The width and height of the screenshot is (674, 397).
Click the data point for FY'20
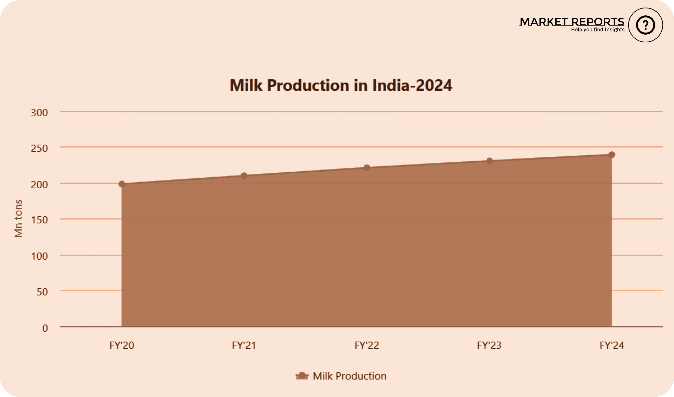click(x=122, y=184)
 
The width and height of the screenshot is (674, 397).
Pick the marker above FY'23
click(x=489, y=161)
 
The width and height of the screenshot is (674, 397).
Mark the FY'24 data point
click(x=612, y=155)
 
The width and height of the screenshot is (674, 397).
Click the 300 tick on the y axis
click(x=39, y=113)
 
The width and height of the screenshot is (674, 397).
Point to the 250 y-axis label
click(x=39, y=148)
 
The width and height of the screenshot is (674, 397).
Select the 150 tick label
click(x=39, y=220)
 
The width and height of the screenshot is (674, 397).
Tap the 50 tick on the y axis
click(x=42, y=292)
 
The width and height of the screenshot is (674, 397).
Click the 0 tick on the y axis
click(x=45, y=328)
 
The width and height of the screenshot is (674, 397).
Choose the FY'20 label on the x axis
click(x=122, y=345)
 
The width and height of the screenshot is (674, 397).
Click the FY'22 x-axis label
click(x=367, y=345)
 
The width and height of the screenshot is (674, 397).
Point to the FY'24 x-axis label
click(x=612, y=345)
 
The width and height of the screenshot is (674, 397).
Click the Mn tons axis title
click(x=18, y=219)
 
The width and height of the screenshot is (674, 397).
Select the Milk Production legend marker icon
click(x=302, y=376)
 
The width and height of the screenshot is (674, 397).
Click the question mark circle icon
click(x=645, y=25)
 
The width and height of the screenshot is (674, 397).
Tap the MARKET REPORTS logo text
click(x=572, y=22)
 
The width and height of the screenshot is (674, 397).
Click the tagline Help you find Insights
click(x=598, y=30)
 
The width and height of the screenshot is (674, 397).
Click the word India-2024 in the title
click(x=412, y=85)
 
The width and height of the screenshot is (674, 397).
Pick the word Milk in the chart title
click(x=246, y=85)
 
